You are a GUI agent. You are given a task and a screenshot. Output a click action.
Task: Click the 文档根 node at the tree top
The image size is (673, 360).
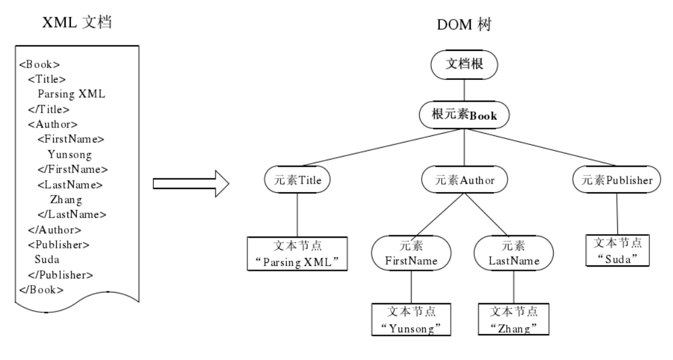[x=464, y=65]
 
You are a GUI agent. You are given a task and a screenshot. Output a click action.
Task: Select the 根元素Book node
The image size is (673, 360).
[x=464, y=116]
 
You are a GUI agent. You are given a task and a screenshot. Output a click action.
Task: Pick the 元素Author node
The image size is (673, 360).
[x=465, y=181]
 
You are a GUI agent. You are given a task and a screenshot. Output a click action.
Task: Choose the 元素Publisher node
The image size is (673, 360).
[x=617, y=181]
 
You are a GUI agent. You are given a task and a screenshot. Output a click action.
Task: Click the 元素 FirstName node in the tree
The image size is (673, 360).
[x=411, y=253]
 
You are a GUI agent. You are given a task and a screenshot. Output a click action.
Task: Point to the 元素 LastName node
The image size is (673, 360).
[x=513, y=253]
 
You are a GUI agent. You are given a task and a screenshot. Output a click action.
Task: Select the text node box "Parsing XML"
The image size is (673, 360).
[x=296, y=254]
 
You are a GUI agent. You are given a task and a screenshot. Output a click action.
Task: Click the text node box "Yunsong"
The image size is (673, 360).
[x=411, y=319]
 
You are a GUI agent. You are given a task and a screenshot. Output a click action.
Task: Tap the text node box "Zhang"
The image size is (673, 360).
[x=513, y=319]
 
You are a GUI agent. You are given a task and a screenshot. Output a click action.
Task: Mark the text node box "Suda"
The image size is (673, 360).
[x=617, y=251]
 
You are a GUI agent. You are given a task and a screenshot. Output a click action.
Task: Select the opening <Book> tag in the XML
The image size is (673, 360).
[x=40, y=64]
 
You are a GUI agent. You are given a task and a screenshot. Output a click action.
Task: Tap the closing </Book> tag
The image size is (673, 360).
[x=41, y=290]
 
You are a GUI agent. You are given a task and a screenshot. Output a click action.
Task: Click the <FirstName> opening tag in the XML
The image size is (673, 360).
[x=70, y=140]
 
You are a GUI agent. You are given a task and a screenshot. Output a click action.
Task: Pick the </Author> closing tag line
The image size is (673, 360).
[x=54, y=229]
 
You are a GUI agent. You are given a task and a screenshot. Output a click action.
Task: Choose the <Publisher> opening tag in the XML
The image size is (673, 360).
[x=59, y=244]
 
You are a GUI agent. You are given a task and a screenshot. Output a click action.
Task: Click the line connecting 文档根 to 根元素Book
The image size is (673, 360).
[x=464, y=90]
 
